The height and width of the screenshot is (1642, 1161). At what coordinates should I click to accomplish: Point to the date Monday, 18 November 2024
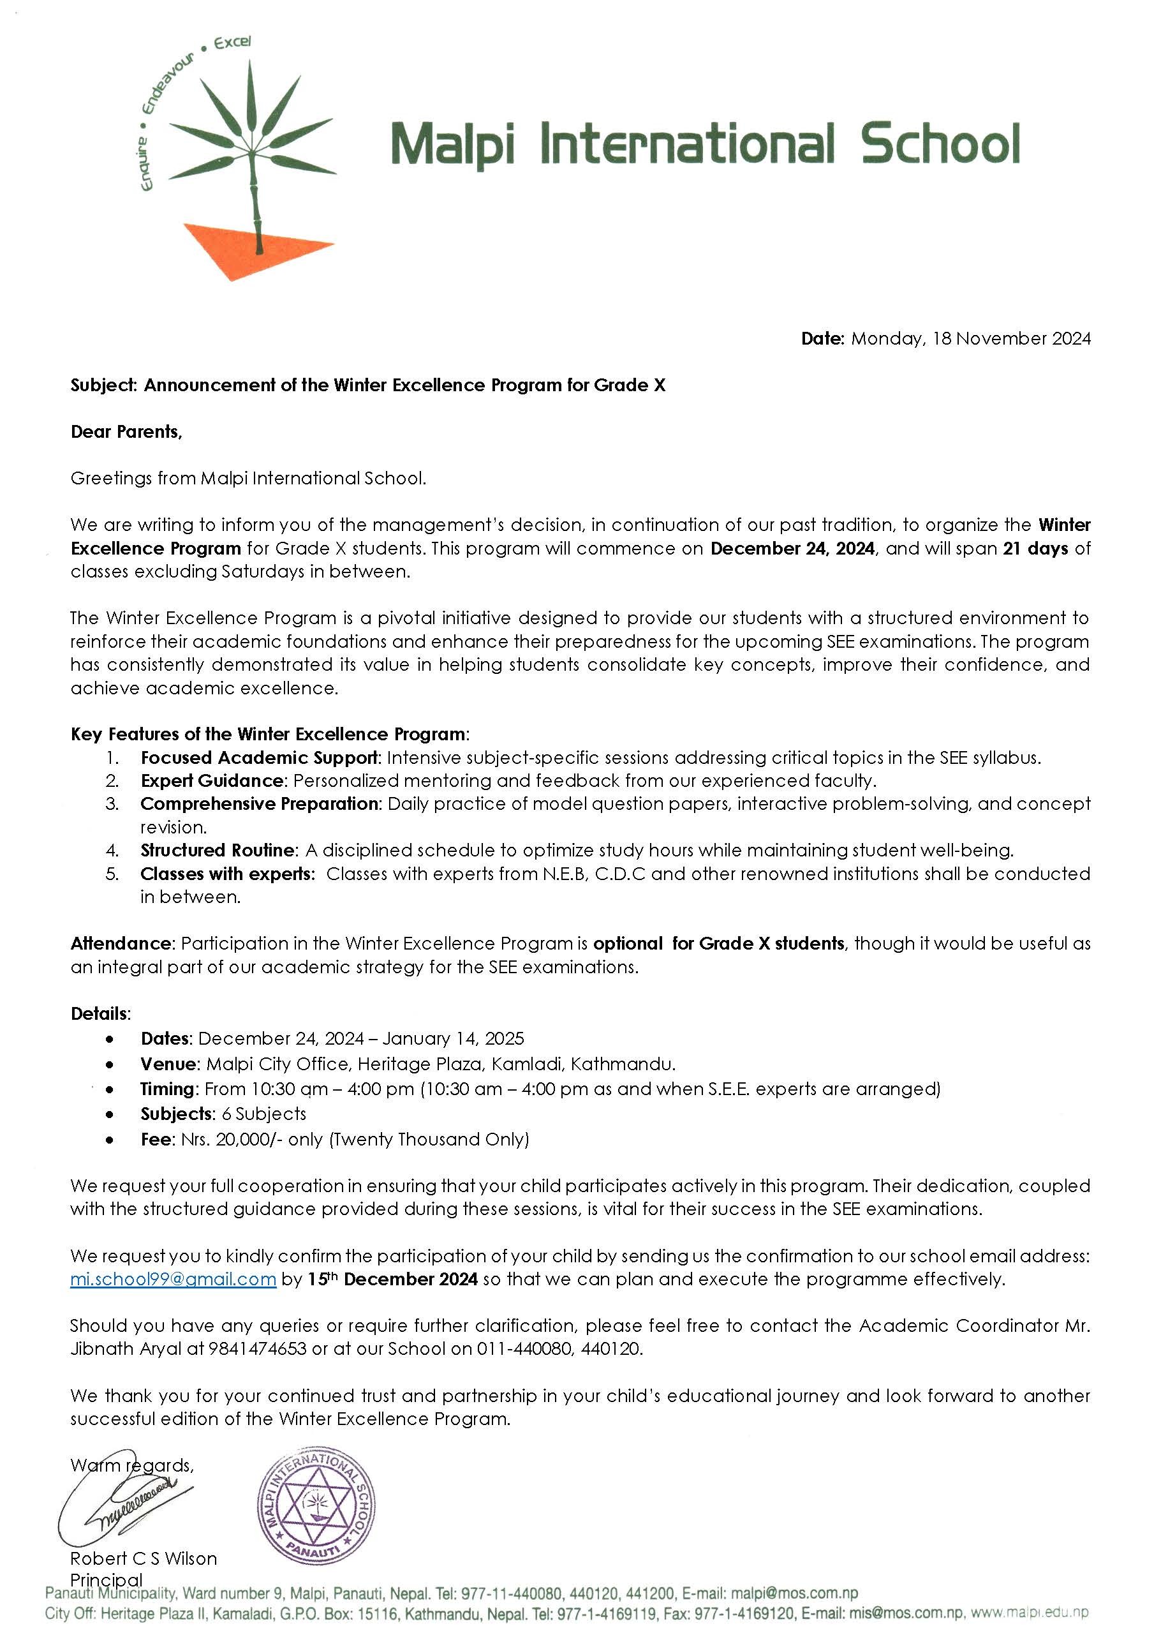(x=971, y=338)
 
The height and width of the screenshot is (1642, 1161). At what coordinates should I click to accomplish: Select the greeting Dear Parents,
(x=126, y=432)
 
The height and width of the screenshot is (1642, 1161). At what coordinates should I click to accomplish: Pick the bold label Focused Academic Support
(x=260, y=758)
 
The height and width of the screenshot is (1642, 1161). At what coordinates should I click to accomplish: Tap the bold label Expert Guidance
(x=212, y=780)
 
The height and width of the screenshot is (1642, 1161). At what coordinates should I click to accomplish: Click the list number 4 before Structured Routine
(x=112, y=850)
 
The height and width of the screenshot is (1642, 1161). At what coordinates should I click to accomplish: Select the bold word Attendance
(x=121, y=943)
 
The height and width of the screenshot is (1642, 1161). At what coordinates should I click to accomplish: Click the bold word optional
(x=628, y=943)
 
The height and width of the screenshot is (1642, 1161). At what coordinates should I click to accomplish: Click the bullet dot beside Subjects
(x=108, y=1114)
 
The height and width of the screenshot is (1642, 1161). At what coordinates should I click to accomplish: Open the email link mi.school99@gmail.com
(x=173, y=1279)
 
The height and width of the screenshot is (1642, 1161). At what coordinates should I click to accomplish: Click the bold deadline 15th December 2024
(x=392, y=1279)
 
